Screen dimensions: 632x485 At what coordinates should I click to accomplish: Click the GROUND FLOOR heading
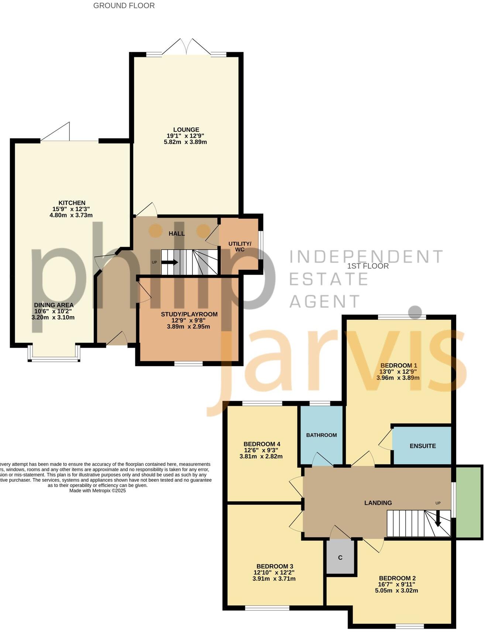(124, 6)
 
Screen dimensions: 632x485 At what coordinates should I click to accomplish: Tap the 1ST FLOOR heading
(368, 266)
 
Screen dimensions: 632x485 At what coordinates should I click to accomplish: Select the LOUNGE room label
(186, 130)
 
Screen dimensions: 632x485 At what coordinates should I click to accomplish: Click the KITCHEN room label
(72, 203)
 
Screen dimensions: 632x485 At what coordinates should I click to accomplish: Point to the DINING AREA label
(54, 305)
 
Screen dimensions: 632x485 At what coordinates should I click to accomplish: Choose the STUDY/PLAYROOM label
(189, 314)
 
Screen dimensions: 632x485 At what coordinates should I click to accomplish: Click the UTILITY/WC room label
(240, 247)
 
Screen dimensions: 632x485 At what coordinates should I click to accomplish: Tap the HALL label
(176, 233)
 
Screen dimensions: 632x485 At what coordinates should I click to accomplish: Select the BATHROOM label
(321, 435)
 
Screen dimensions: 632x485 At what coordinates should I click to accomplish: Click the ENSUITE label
(422, 446)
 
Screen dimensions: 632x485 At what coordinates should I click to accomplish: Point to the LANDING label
(378, 502)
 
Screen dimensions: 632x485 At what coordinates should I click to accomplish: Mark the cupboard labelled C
(340, 557)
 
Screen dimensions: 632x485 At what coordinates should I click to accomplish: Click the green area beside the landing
(469, 502)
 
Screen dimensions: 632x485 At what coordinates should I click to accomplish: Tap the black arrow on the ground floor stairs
(170, 262)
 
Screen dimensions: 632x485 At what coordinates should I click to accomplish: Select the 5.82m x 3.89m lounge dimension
(185, 142)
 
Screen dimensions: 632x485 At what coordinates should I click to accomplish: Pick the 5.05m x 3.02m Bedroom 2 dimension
(396, 590)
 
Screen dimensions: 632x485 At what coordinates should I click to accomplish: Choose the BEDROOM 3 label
(275, 566)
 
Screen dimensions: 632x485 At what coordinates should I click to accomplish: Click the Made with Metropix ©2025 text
(97, 491)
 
